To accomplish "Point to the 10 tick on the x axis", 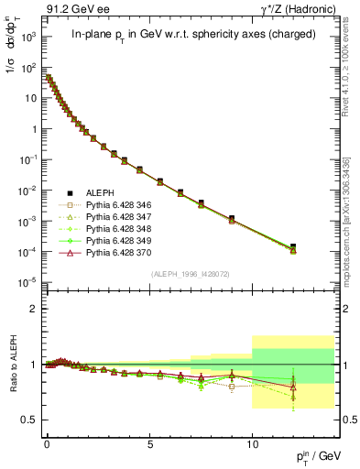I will pyautogui.click(x=252, y=442).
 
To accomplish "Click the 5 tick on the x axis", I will pyautogui.click(x=149, y=442).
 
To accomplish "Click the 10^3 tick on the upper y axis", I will pyautogui.click(x=28, y=38).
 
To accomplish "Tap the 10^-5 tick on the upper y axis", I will pyautogui.click(x=28, y=281).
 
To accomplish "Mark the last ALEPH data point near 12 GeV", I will pyautogui.click(x=293, y=246).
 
